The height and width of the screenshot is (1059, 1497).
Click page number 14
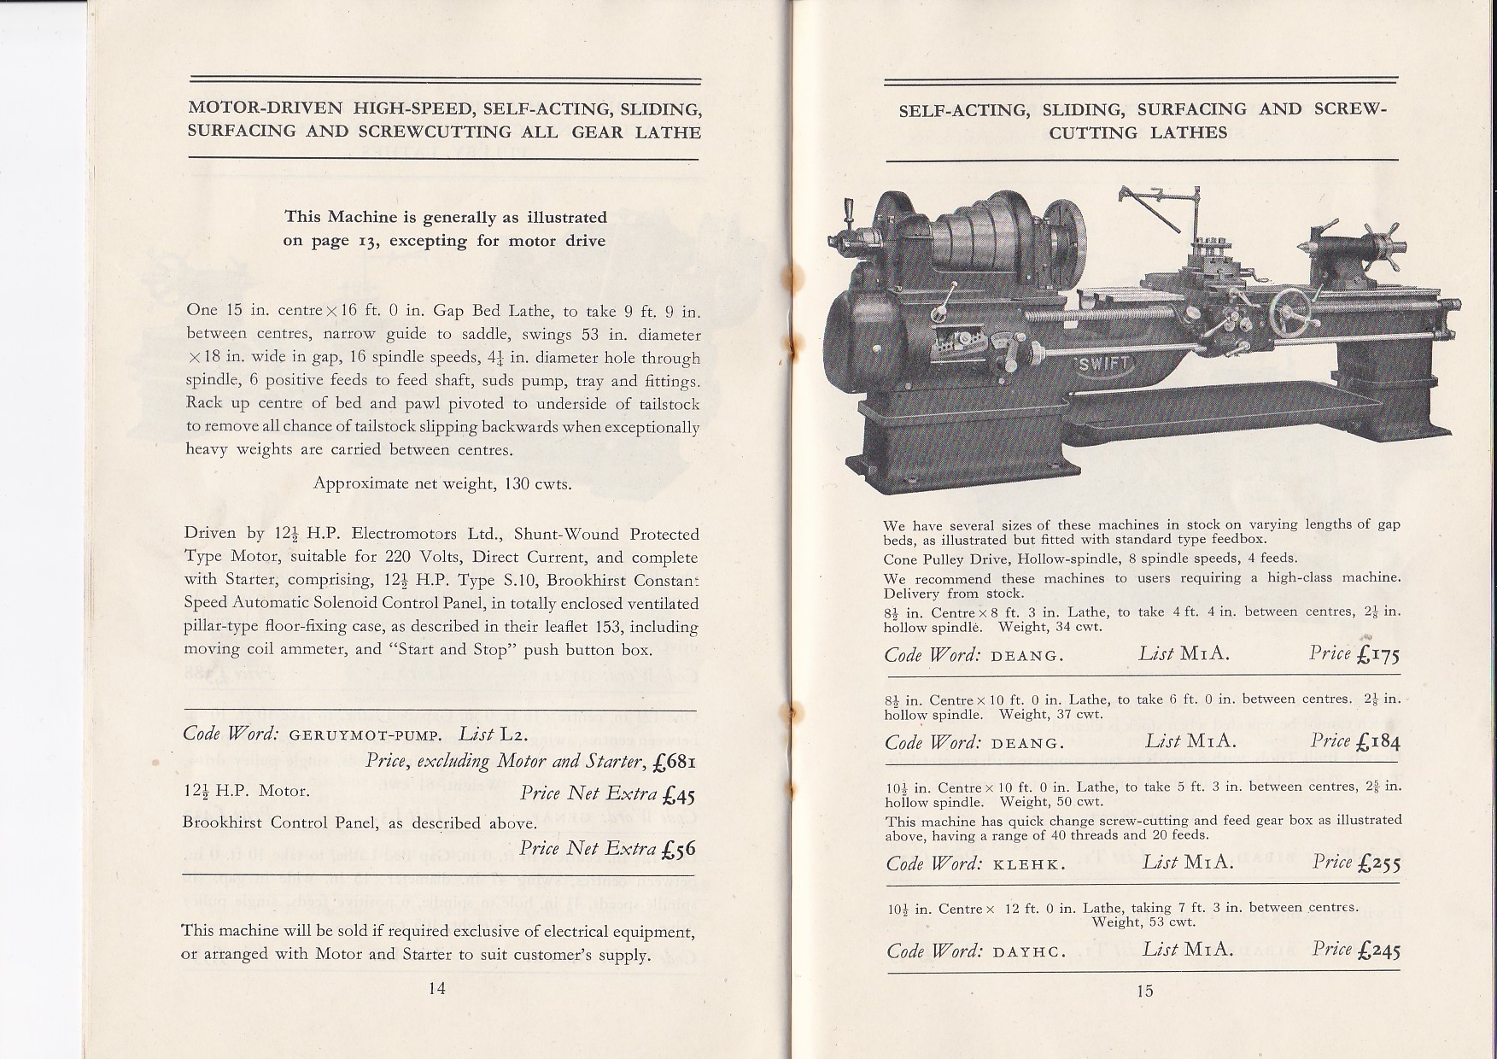click(x=436, y=988)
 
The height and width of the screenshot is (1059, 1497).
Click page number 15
click(x=1145, y=990)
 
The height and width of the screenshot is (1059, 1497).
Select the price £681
click(x=672, y=762)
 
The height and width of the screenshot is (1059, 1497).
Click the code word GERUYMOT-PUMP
click(x=365, y=735)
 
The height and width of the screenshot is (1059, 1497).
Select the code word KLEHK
click(x=1030, y=864)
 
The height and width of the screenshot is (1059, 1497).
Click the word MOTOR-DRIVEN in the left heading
click(x=266, y=109)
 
